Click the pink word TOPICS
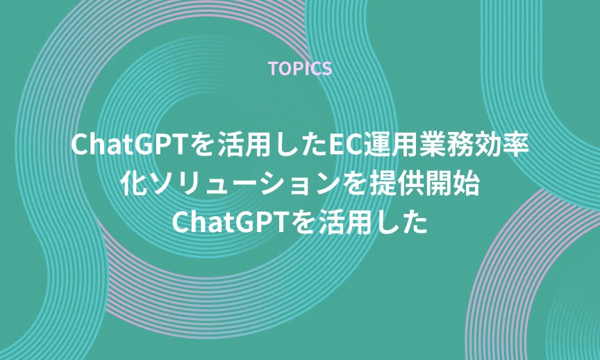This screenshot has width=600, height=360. (300, 69)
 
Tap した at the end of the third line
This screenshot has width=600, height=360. (401, 222)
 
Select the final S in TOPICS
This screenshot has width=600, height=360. (327, 69)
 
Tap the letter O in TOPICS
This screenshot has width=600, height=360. (285, 69)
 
